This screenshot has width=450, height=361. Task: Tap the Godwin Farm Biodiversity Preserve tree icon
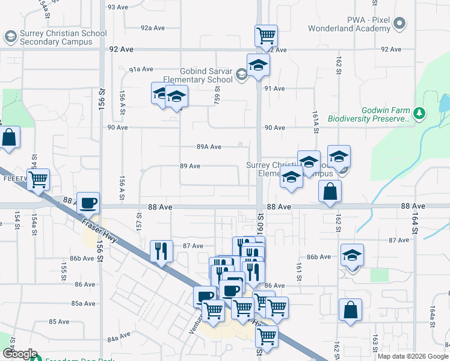coord(420,113)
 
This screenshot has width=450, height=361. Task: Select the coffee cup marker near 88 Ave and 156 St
coord(88,203)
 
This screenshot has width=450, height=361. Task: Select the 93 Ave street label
coord(118,7)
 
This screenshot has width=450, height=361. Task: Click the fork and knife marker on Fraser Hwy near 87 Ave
coord(161,250)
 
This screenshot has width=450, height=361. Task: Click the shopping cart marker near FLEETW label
coord(38,179)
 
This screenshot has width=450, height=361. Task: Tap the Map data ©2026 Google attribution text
coord(412,356)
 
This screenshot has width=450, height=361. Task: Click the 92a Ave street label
coord(153,28)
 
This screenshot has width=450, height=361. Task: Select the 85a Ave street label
coord(84,303)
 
